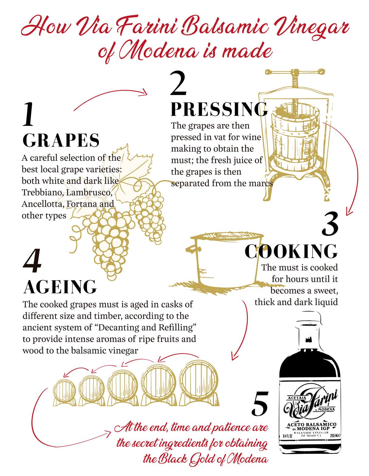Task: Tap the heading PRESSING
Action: click(219, 109)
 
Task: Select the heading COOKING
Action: click(291, 252)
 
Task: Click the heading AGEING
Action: click(60, 287)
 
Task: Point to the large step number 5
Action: click(260, 404)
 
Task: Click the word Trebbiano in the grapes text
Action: click(42, 192)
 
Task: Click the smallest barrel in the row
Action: click(64, 392)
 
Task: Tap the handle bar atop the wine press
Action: click(295, 72)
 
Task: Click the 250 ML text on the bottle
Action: click(335, 436)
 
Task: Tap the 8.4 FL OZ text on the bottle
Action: click(288, 436)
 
